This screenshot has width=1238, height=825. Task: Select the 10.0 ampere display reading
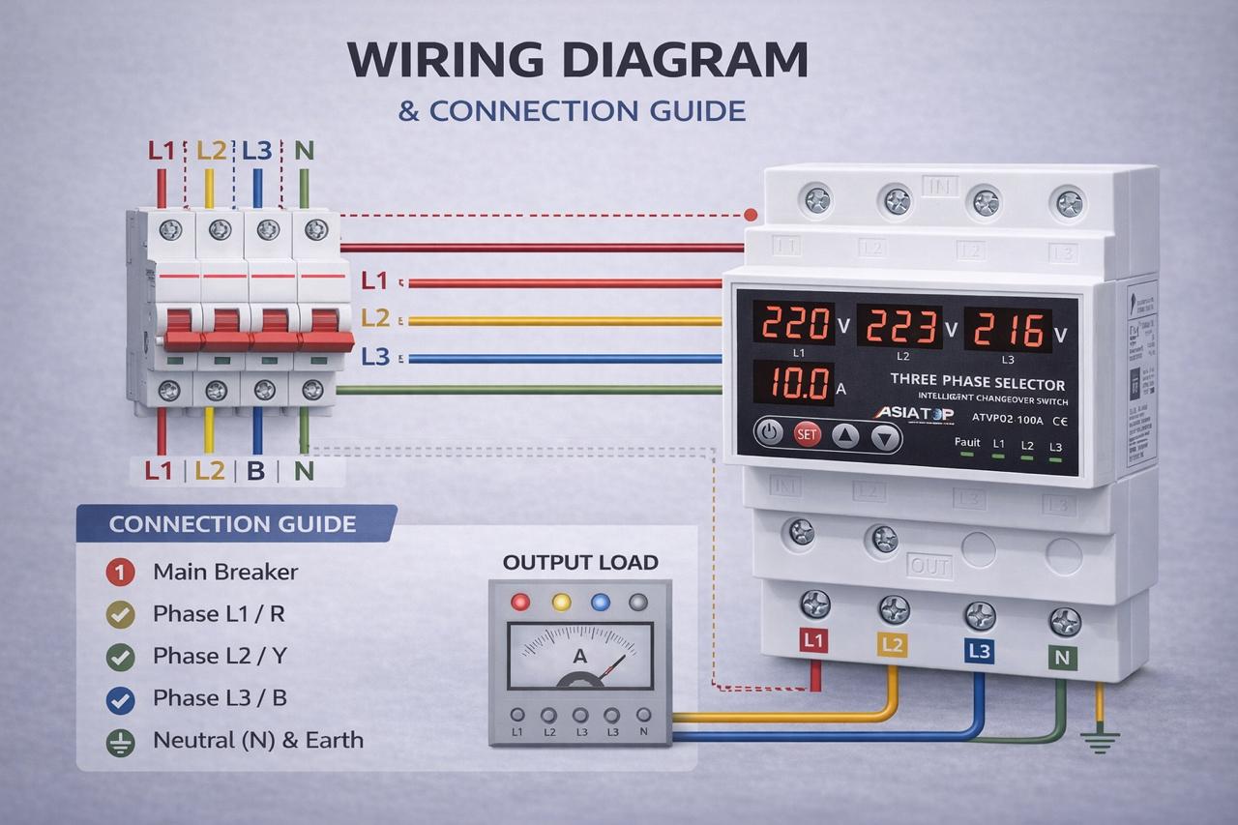click(x=792, y=384)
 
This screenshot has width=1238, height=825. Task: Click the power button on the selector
click(x=768, y=432)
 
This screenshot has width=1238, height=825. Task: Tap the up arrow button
click(x=846, y=436)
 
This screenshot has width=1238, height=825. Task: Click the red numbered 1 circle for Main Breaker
click(x=119, y=572)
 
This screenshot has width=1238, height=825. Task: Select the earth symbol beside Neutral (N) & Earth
click(x=119, y=741)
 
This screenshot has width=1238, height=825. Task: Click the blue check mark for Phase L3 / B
click(x=119, y=698)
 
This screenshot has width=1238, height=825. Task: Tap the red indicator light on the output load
click(x=521, y=603)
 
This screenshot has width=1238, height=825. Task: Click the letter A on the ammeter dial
click(x=580, y=657)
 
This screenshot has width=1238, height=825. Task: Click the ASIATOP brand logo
click(x=914, y=413)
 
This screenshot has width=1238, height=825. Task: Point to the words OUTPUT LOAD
click(x=580, y=562)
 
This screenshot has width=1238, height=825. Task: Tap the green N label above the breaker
click(x=304, y=151)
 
